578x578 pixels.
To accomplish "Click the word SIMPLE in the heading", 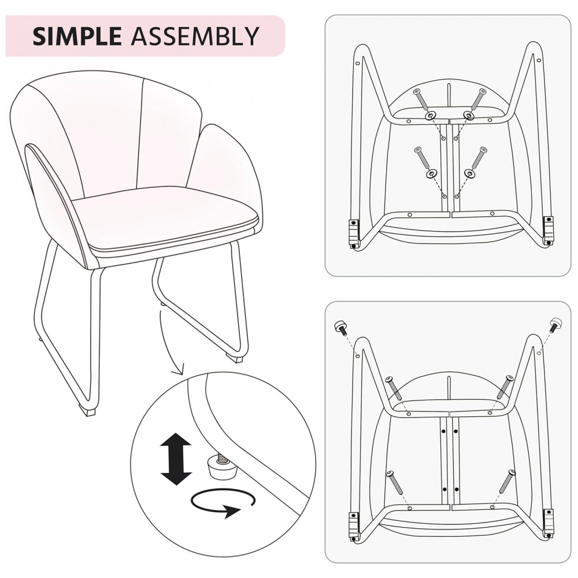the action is pos(77,36).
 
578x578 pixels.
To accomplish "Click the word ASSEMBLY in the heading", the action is pos(195,36).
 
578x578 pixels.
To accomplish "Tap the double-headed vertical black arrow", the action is pos(176,458).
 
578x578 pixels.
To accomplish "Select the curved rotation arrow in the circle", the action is pos(223,502).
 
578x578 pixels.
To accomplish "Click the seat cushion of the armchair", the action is pos(168,217).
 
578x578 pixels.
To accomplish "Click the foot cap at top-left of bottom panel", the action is pos(340,327).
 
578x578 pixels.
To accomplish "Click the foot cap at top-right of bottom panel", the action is pos(555,324).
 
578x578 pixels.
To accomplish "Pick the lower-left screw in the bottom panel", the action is pos(395,482).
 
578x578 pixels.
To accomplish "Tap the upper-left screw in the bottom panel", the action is pos(394,388).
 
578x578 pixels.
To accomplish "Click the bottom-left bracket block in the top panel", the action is pos(354,233).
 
